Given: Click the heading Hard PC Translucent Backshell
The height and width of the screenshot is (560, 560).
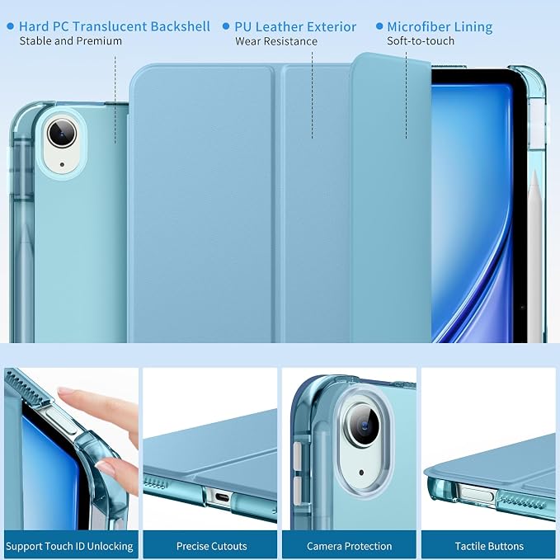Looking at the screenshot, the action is point(115,26).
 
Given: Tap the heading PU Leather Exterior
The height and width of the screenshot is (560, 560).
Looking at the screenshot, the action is point(295,26).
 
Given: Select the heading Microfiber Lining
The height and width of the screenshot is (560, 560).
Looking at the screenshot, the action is point(440,26).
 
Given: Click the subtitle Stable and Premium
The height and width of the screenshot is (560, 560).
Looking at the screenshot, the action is point(71,41).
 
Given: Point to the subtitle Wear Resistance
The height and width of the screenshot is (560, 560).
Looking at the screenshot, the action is point(276,41).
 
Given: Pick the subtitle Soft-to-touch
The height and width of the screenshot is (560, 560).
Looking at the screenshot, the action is point(421,41).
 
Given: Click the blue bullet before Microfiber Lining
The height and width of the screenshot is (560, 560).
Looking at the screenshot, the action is point(379,26).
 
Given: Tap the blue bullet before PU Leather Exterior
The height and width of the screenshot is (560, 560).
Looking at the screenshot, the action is point(226,26).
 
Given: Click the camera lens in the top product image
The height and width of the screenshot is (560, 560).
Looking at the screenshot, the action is point(62,134).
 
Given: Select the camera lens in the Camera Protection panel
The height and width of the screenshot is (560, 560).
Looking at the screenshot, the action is point(364,425).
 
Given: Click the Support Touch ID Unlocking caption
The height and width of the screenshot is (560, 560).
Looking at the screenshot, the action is point(69,546).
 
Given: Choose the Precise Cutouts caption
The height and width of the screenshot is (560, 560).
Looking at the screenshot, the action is point(211,546).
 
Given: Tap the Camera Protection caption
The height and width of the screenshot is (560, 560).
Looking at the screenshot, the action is point(350,546).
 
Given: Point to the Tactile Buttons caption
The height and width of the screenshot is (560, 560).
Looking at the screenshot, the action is point(489,546).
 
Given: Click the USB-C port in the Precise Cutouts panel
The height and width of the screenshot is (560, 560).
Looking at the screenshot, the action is point(220,496).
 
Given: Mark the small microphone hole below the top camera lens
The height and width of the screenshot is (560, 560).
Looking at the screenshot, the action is point(62,165).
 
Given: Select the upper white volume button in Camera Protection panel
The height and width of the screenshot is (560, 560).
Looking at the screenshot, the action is point(298,455).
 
